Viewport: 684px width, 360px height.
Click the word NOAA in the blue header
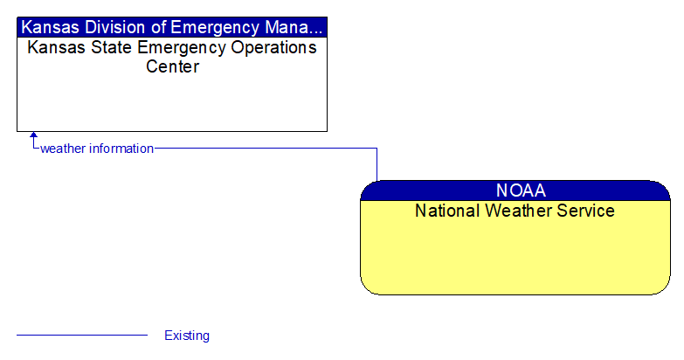521,190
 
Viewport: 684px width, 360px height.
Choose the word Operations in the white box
271,47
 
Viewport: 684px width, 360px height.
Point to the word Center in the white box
172,66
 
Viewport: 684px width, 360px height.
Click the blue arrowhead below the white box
34,136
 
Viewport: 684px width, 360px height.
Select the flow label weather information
97,149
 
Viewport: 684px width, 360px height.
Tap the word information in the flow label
120,149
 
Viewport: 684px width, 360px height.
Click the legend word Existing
187,336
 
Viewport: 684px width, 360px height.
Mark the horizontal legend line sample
82,336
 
